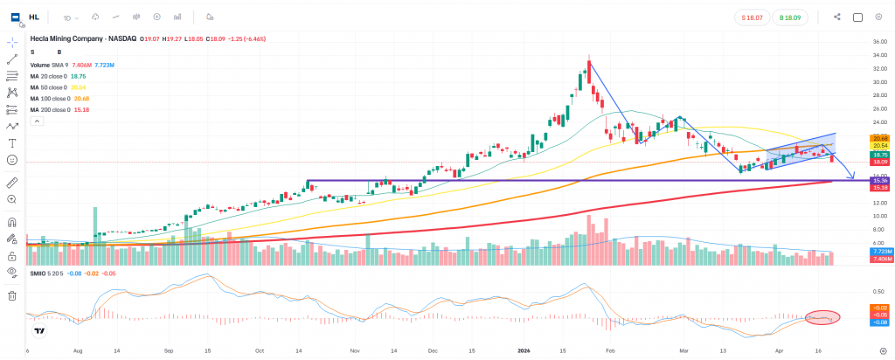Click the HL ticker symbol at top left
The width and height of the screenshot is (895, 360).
[33, 17]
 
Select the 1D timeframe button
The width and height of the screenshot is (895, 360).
[69, 17]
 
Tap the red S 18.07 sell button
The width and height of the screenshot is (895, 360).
[751, 17]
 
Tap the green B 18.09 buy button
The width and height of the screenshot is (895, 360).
[790, 17]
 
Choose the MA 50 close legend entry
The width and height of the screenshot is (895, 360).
[58, 87]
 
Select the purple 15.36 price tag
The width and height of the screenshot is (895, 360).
[880, 181]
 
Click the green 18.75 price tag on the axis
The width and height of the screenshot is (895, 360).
[880, 154]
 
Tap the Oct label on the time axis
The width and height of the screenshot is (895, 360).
[260, 350]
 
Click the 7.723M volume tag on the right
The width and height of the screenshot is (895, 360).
[880, 252]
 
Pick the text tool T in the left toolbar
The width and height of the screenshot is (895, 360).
[12, 142]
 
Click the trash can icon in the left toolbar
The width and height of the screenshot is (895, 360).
[12, 295]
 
